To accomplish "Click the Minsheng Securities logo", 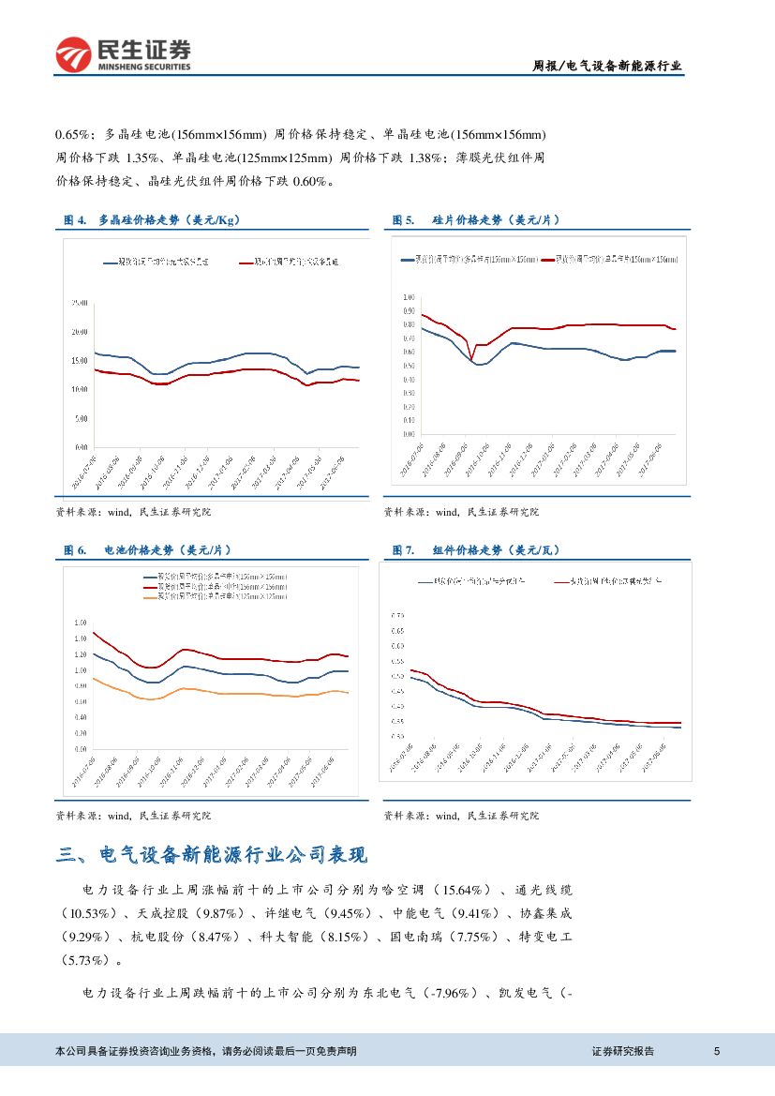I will (x=123, y=54).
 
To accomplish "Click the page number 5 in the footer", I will (x=717, y=1051).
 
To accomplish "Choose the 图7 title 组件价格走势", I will (x=496, y=550).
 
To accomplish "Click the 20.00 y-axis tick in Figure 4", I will (x=80, y=332).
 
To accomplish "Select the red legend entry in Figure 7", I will (x=609, y=581).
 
